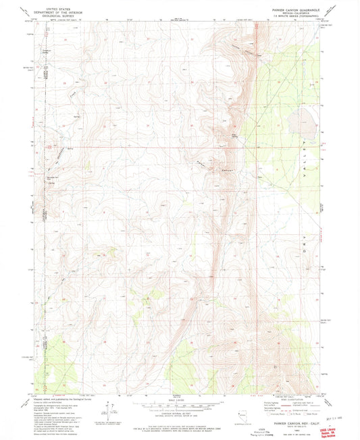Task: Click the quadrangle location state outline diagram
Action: (249, 413)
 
